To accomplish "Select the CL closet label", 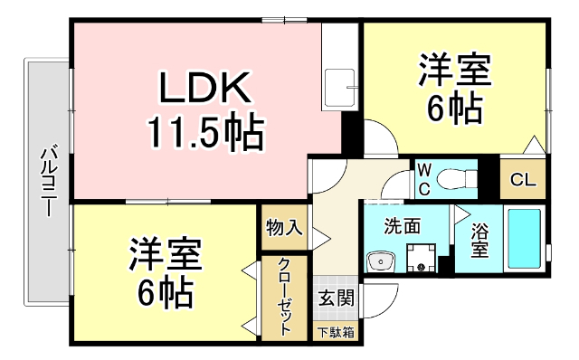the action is pos(523,179).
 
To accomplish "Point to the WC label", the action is pos(423,178).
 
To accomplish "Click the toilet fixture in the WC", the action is pos(456,178).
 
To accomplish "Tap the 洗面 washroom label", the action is pos(403,226).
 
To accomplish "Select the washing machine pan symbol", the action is pos(419,260).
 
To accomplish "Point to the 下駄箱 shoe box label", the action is pos(335,332).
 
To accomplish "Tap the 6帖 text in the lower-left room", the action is pos(164,293).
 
